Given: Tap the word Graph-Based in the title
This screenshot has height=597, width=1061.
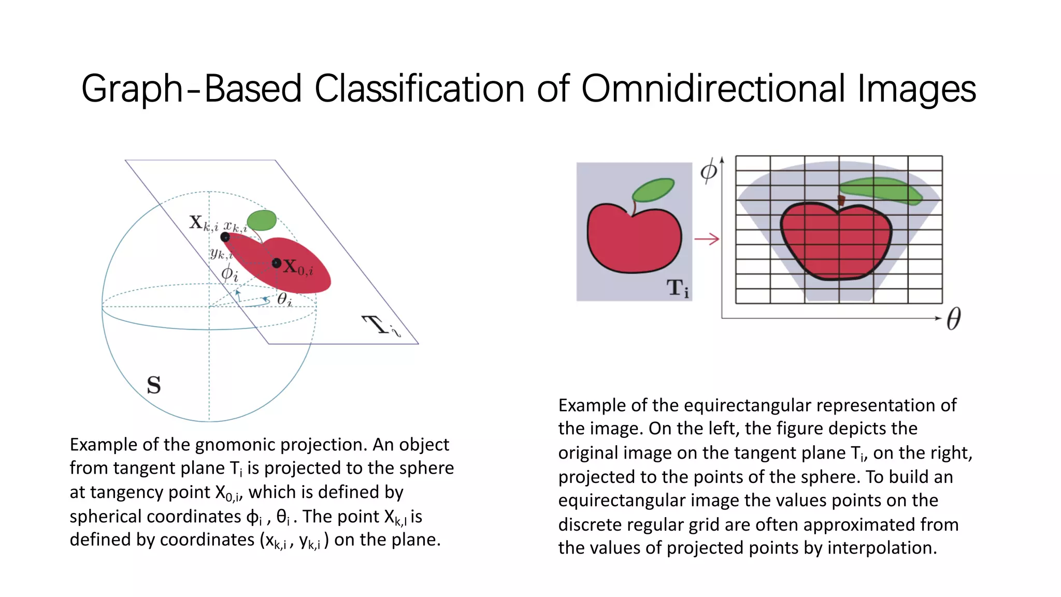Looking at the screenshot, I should click(191, 89).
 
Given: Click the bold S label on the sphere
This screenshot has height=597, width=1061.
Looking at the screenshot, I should click(154, 385).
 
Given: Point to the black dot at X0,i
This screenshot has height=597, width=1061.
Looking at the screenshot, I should click(277, 263).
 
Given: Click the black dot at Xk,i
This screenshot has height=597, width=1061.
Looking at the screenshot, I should click(225, 237).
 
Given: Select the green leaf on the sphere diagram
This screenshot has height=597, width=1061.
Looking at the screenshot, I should click(262, 220).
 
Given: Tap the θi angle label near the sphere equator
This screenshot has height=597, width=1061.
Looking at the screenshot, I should click(284, 299).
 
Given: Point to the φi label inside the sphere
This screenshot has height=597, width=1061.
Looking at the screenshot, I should click(230, 273).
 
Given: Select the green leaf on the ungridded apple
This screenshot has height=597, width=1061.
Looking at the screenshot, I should click(653, 190).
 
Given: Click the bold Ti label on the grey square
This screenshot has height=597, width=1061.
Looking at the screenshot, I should click(678, 288).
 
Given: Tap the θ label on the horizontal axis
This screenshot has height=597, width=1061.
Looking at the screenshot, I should click(954, 318).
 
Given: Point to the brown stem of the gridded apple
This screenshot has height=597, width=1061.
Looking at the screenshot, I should click(841, 200).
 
